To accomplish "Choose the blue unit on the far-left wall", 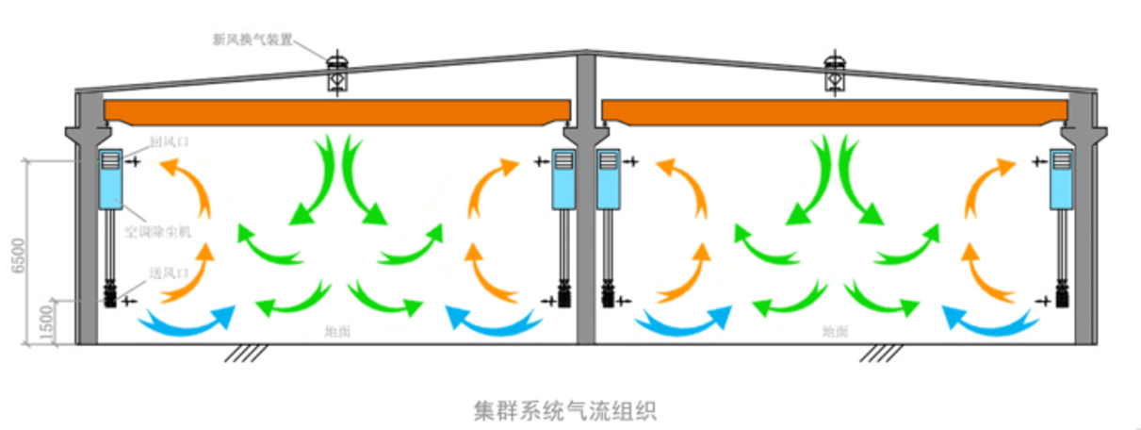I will (112, 178).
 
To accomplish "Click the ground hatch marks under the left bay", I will (242, 353).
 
